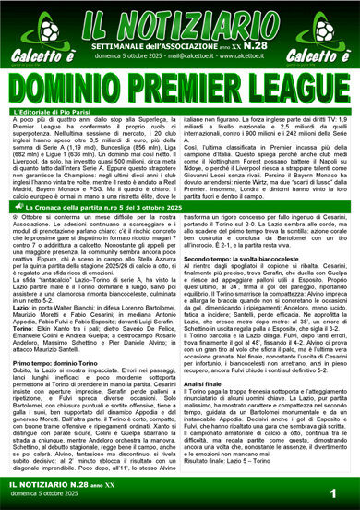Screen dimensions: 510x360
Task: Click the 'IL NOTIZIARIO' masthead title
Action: pyautogui.click(x=180, y=21)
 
